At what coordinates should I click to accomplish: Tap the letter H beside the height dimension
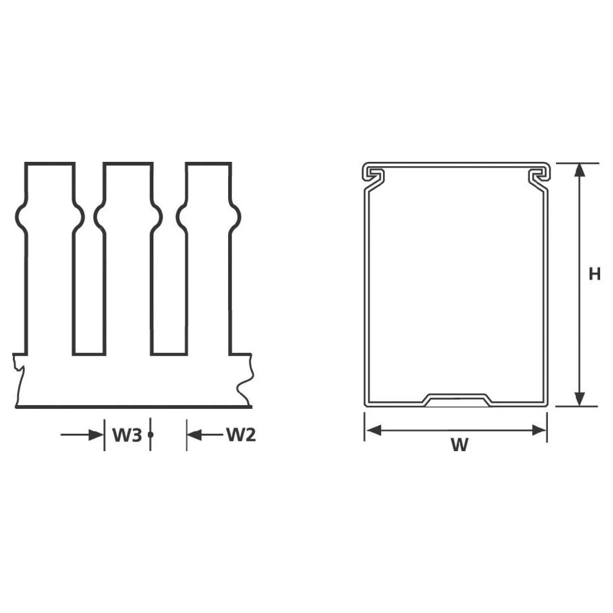(594, 274)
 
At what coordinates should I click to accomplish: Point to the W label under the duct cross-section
(459, 446)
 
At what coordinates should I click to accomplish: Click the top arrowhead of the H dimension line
(579, 170)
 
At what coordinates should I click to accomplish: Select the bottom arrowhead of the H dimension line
(579, 400)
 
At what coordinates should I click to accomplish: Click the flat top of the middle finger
(128, 163)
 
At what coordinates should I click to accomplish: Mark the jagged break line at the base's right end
(245, 380)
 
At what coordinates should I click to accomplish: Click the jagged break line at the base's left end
(18, 380)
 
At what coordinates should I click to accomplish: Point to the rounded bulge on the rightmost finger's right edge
(235, 216)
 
